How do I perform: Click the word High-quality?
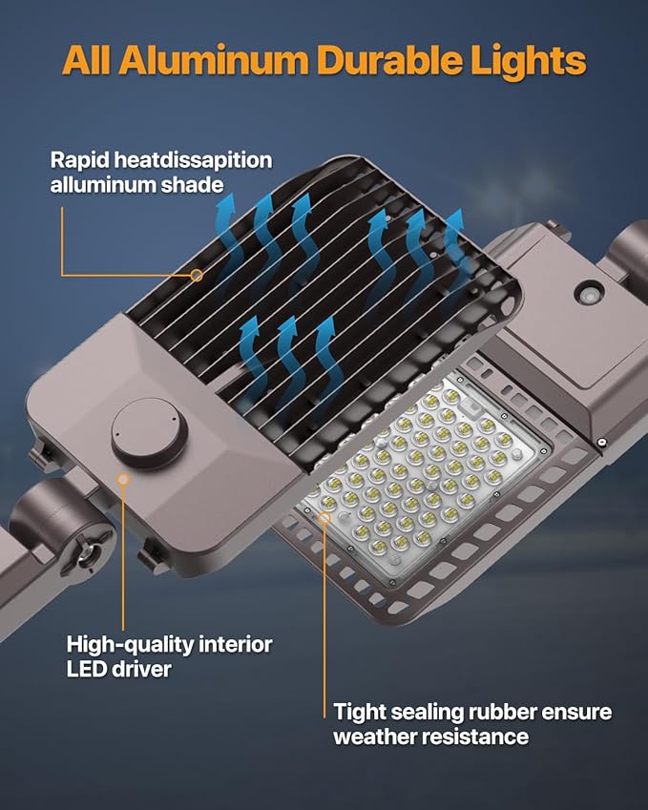pyautogui.click(x=129, y=645)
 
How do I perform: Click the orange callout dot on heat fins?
pyautogui.click(x=196, y=275)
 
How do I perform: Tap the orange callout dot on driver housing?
pyautogui.click(x=122, y=479)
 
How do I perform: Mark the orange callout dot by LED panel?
pyautogui.click(x=325, y=519)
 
